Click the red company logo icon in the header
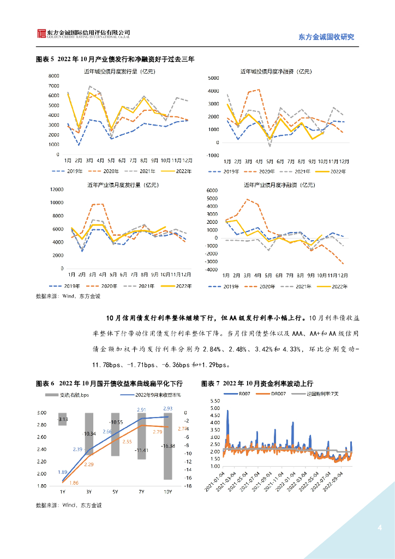coord(41,33)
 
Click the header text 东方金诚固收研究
coord(326,37)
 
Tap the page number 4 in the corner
coord(380,528)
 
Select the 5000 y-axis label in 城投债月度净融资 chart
coord(214,79)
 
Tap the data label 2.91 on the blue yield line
coord(141,410)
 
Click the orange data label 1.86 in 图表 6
coord(74,483)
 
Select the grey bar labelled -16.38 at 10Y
coord(167,446)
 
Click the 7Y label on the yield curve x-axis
coord(141,492)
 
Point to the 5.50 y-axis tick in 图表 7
coord(214,401)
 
